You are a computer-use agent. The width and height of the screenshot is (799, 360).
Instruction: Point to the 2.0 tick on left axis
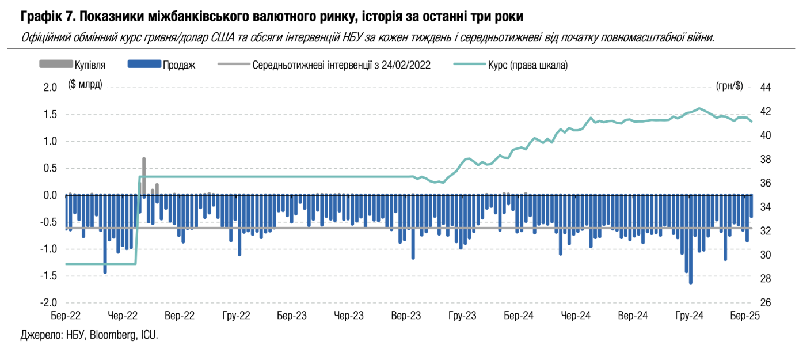(51, 88)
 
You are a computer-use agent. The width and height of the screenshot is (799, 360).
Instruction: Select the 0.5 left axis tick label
(51, 168)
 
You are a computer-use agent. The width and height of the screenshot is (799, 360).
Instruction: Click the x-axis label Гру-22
(237, 316)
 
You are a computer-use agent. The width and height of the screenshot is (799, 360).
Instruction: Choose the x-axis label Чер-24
(576, 316)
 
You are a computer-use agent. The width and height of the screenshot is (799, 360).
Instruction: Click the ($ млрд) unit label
(85, 85)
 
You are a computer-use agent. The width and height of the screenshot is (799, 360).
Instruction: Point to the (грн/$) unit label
(729, 86)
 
